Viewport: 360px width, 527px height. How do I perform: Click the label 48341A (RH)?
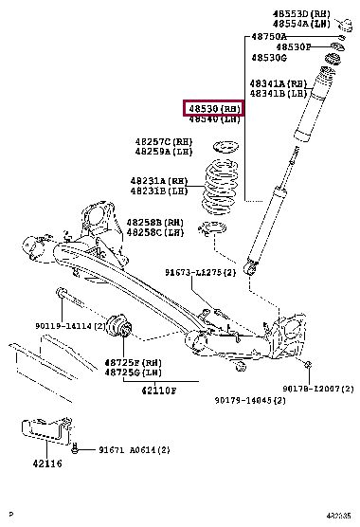[x=278, y=83]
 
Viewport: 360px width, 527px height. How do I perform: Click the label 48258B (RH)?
[x=155, y=222]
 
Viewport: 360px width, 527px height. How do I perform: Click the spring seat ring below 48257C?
[x=224, y=150]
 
